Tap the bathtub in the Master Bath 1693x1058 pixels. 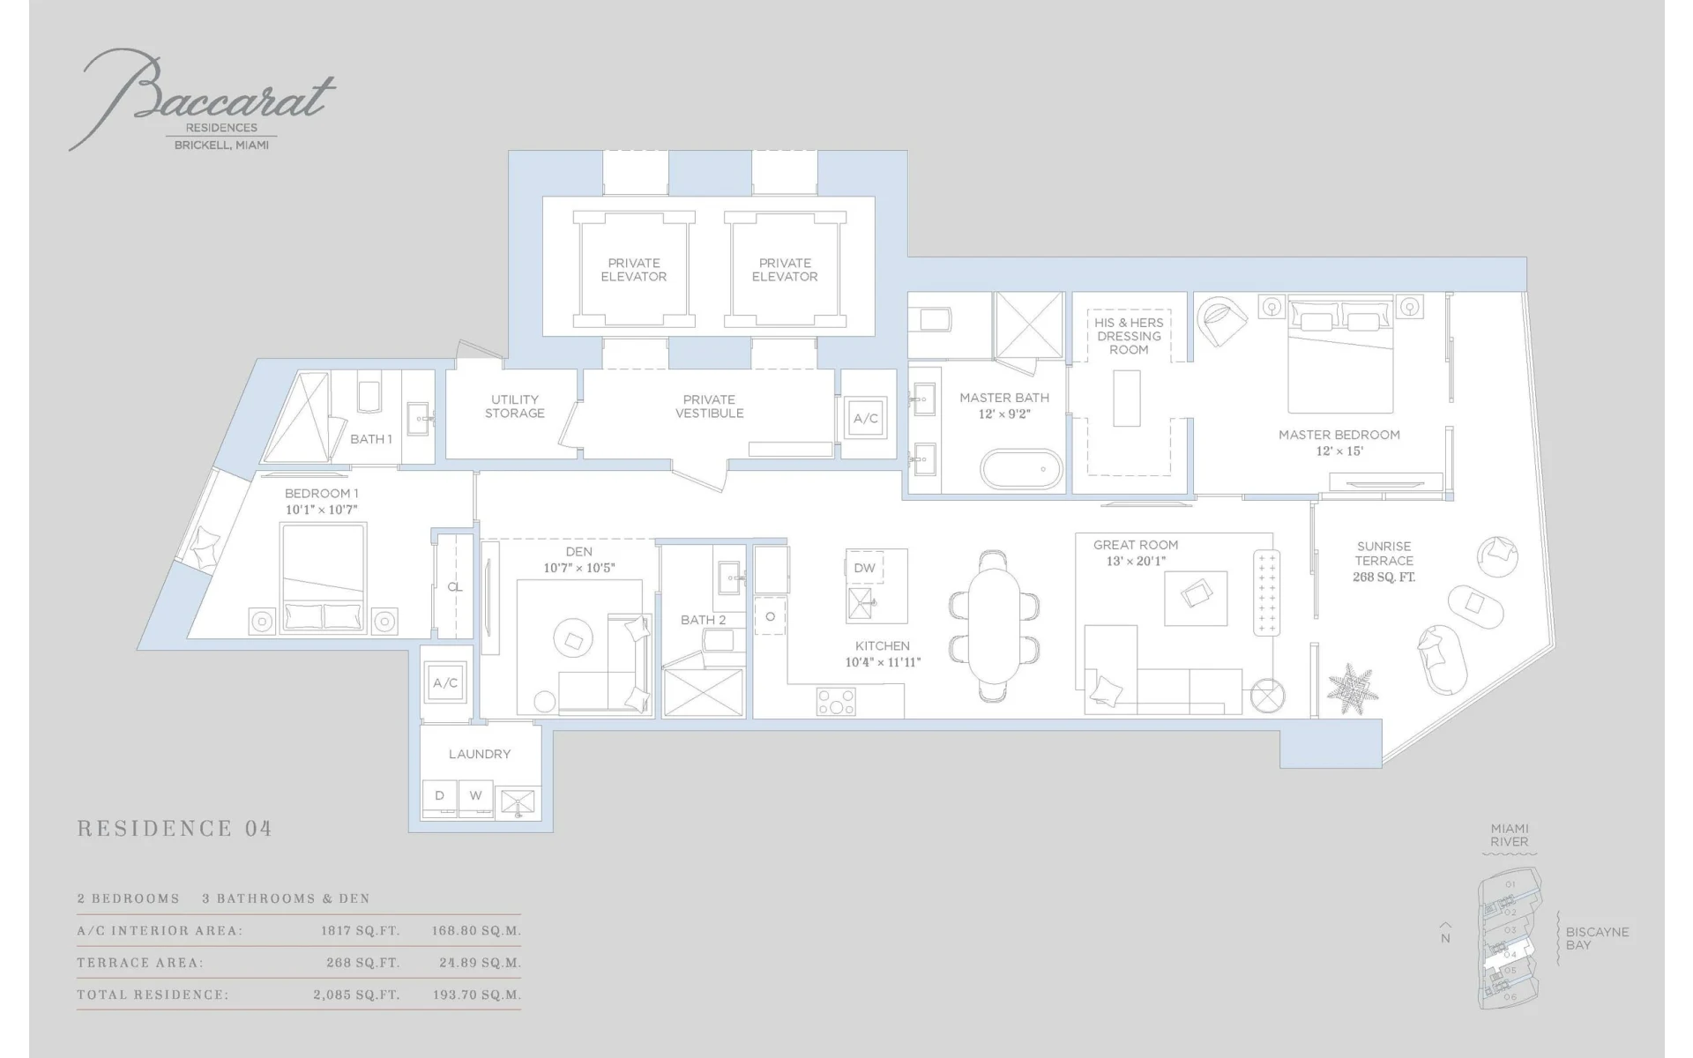(x=1023, y=468)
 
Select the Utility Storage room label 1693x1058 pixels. (x=515, y=406)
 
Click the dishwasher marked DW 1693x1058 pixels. (x=865, y=568)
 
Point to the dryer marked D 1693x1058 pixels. (x=439, y=797)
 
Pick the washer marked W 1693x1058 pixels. (x=475, y=797)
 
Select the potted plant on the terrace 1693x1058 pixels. (x=1353, y=689)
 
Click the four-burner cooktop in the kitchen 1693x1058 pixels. (x=836, y=702)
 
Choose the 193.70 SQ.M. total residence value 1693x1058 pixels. (x=477, y=995)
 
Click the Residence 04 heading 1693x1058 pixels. (x=175, y=829)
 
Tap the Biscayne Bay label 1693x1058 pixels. (x=1597, y=938)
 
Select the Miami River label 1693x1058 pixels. (x=1510, y=835)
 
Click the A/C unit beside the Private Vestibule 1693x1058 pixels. (x=866, y=419)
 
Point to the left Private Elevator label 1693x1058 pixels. (x=634, y=270)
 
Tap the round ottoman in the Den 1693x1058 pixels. (x=573, y=638)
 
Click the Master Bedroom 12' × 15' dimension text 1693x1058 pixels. (x=1339, y=451)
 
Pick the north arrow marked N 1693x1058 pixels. (x=1445, y=934)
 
